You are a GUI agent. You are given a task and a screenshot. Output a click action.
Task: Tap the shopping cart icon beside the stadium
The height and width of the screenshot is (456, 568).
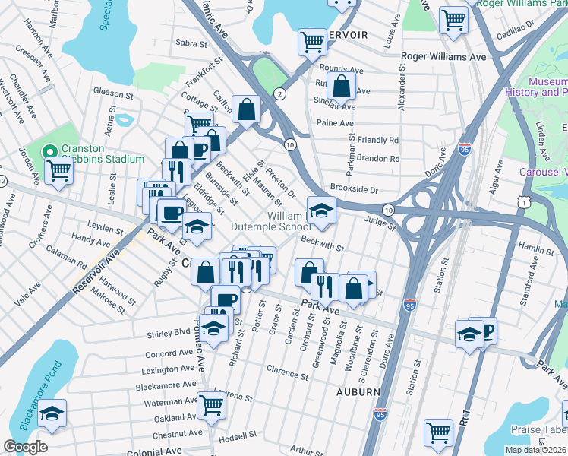click(x=59, y=171)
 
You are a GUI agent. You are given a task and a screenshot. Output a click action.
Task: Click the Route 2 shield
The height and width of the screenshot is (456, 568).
click(x=280, y=93)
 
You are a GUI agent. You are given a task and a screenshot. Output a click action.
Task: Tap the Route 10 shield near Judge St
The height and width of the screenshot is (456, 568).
click(x=387, y=209)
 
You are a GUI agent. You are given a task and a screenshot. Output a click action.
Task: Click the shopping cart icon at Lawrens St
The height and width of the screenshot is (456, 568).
click(x=211, y=405)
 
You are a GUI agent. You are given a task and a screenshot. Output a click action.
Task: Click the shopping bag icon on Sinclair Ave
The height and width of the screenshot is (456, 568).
click(x=342, y=85)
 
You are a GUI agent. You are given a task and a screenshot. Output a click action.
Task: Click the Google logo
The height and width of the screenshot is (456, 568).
click(x=25, y=447)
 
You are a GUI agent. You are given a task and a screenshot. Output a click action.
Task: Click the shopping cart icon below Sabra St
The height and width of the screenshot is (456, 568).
click(x=312, y=43)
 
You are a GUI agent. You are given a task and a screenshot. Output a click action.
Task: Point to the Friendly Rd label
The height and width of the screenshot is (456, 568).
click(x=378, y=141)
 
